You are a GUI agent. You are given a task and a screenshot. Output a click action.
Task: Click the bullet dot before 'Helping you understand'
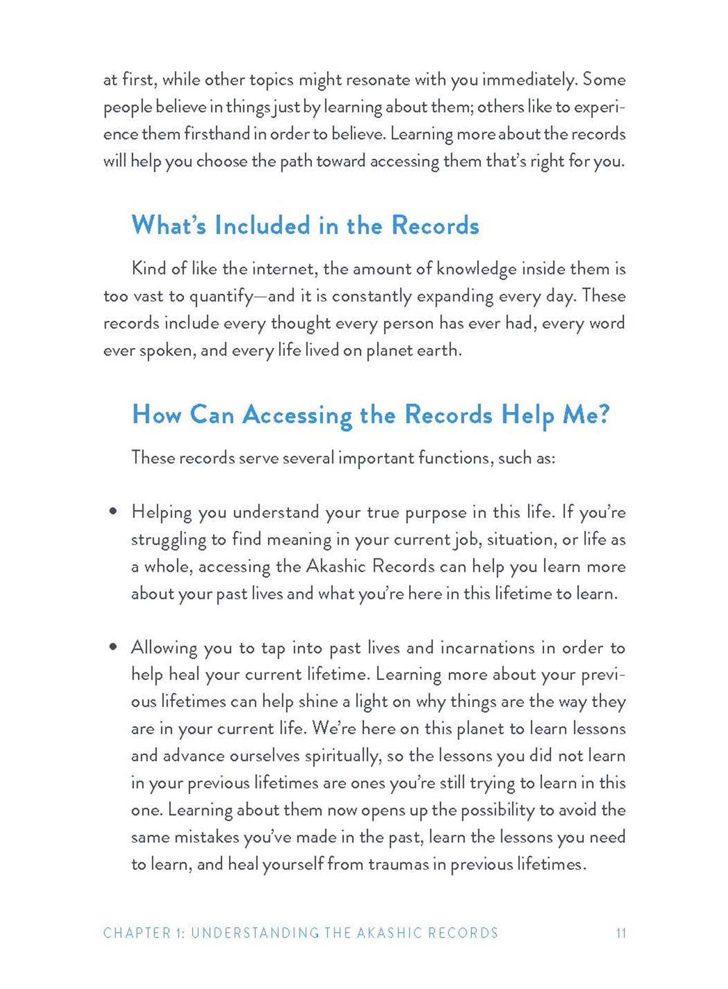(x=112, y=512)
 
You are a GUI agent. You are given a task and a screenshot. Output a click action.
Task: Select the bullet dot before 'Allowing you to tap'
(x=112, y=648)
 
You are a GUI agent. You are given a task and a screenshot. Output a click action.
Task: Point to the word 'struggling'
(x=167, y=540)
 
